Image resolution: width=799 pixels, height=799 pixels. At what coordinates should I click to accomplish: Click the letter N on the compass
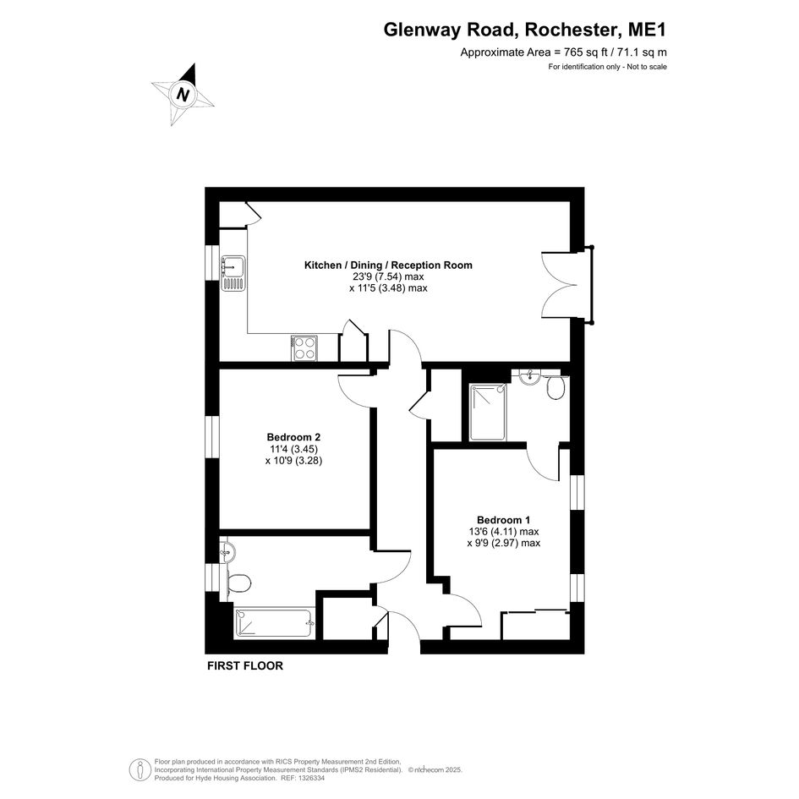coord(183,95)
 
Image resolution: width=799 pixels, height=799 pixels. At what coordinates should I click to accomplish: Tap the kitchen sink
coord(233,274)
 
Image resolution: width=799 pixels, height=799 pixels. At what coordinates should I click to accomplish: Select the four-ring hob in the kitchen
coord(304,348)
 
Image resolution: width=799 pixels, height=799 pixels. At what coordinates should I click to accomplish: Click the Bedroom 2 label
coord(293,437)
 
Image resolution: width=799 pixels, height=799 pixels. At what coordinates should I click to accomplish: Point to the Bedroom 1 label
coord(503,520)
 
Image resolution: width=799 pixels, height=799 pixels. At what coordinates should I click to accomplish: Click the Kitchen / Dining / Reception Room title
coord(388,265)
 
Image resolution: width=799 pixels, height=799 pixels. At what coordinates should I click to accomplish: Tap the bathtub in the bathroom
coord(275,622)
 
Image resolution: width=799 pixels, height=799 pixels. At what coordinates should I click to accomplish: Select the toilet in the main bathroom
coord(238,583)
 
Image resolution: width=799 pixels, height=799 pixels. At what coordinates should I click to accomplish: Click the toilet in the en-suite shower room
coord(555,388)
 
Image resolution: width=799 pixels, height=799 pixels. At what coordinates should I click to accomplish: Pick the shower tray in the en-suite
coord(489,413)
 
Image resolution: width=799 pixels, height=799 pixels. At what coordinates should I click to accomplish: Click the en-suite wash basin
coord(530,376)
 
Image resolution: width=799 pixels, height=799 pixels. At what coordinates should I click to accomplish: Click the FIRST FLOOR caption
coord(245,666)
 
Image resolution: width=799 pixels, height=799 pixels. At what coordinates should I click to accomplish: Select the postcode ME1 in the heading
coord(647,30)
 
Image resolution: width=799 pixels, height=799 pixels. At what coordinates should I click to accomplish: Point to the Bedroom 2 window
coord(212,436)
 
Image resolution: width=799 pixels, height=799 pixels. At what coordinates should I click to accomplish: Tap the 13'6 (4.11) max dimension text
coord(504,532)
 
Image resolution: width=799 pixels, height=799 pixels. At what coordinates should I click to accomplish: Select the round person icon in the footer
coord(140,769)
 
